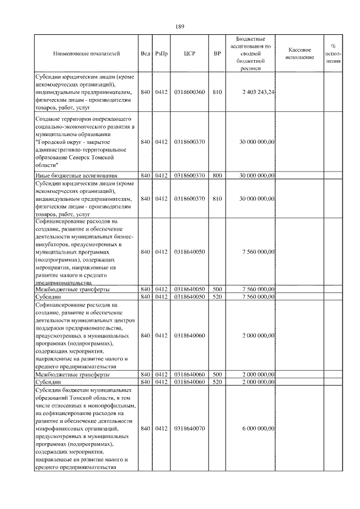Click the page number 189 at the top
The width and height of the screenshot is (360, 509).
point(180,26)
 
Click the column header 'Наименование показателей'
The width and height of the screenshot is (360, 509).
point(87,54)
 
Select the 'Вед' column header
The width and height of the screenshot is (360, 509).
point(145,54)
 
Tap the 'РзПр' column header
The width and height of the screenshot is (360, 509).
point(161,54)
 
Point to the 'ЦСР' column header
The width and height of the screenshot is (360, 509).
point(190,54)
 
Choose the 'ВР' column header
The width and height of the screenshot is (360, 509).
point(217,54)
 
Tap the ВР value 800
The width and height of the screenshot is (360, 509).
point(217,176)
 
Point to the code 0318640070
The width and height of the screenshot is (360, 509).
point(190,429)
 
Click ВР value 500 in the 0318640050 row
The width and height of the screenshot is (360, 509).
point(217,289)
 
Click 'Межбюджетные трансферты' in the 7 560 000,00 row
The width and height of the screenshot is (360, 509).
point(72,289)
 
